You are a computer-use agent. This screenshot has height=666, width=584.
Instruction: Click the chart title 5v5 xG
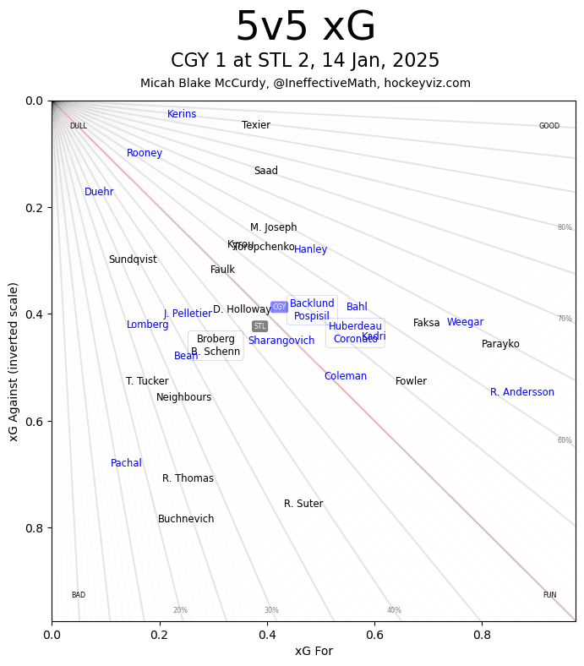(x=305, y=27)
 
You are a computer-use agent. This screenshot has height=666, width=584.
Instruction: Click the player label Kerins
(x=182, y=114)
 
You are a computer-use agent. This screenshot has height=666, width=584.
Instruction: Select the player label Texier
(x=256, y=125)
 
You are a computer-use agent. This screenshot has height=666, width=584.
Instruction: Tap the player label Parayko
(x=500, y=344)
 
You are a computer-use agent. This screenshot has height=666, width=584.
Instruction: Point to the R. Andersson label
(x=522, y=392)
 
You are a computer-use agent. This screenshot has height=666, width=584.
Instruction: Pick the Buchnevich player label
(x=186, y=519)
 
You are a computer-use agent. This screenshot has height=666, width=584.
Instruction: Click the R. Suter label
(x=303, y=504)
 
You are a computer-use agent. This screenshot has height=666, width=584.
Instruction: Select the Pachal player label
(x=126, y=463)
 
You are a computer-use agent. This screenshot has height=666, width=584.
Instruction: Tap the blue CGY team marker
(x=279, y=307)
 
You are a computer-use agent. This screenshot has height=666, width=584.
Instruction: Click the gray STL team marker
(x=259, y=326)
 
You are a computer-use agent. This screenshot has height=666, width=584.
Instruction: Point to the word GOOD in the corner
(x=549, y=126)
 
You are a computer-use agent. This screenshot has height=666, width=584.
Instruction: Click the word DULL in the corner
(x=78, y=126)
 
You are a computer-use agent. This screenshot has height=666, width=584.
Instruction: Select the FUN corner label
(x=549, y=595)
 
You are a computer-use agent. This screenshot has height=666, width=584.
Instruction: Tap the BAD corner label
(x=78, y=595)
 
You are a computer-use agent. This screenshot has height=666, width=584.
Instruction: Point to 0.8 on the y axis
(x=34, y=528)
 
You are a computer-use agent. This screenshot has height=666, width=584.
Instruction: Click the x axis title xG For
(x=314, y=651)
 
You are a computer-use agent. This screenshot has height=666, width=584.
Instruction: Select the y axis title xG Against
(x=14, y=361)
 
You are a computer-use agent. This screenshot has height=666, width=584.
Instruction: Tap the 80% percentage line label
(x=565, y=227)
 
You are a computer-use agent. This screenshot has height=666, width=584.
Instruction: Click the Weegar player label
(x=465, y=322)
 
